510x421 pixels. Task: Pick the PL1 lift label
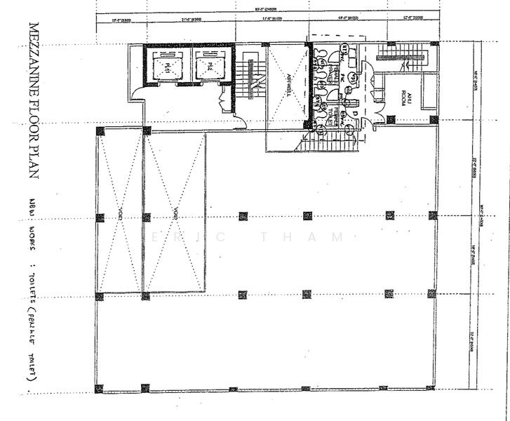pos(168,67)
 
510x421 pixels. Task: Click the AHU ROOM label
pos(406,98)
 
